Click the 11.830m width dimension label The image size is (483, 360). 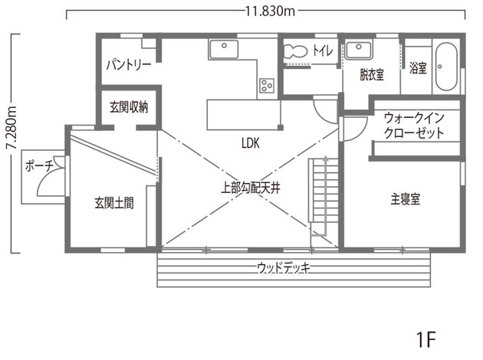[270, 11]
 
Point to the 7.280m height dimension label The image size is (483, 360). [11, 127]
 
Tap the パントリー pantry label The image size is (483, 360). [129, 65]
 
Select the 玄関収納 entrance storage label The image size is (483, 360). [129, 106]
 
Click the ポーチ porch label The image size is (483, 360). [39, 166]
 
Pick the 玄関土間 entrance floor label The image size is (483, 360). [114, 203]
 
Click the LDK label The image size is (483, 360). [251, 143]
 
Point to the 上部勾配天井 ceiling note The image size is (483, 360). [251, 188]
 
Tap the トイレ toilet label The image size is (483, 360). [323, 51]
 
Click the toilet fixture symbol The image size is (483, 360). [295, 51]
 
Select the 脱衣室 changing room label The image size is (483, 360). [372, 74]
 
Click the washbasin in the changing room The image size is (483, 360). [359, 49]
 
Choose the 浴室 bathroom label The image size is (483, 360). [418, 67]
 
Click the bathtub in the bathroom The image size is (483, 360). [446, 67]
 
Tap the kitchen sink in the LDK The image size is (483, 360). [224, 49]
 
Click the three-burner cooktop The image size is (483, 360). [267, 86]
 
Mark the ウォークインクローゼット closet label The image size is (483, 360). [414, 126]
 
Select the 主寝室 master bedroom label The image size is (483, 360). [406, 199]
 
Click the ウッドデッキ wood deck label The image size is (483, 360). [284, 268]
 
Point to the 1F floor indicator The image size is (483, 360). [426, 339]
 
